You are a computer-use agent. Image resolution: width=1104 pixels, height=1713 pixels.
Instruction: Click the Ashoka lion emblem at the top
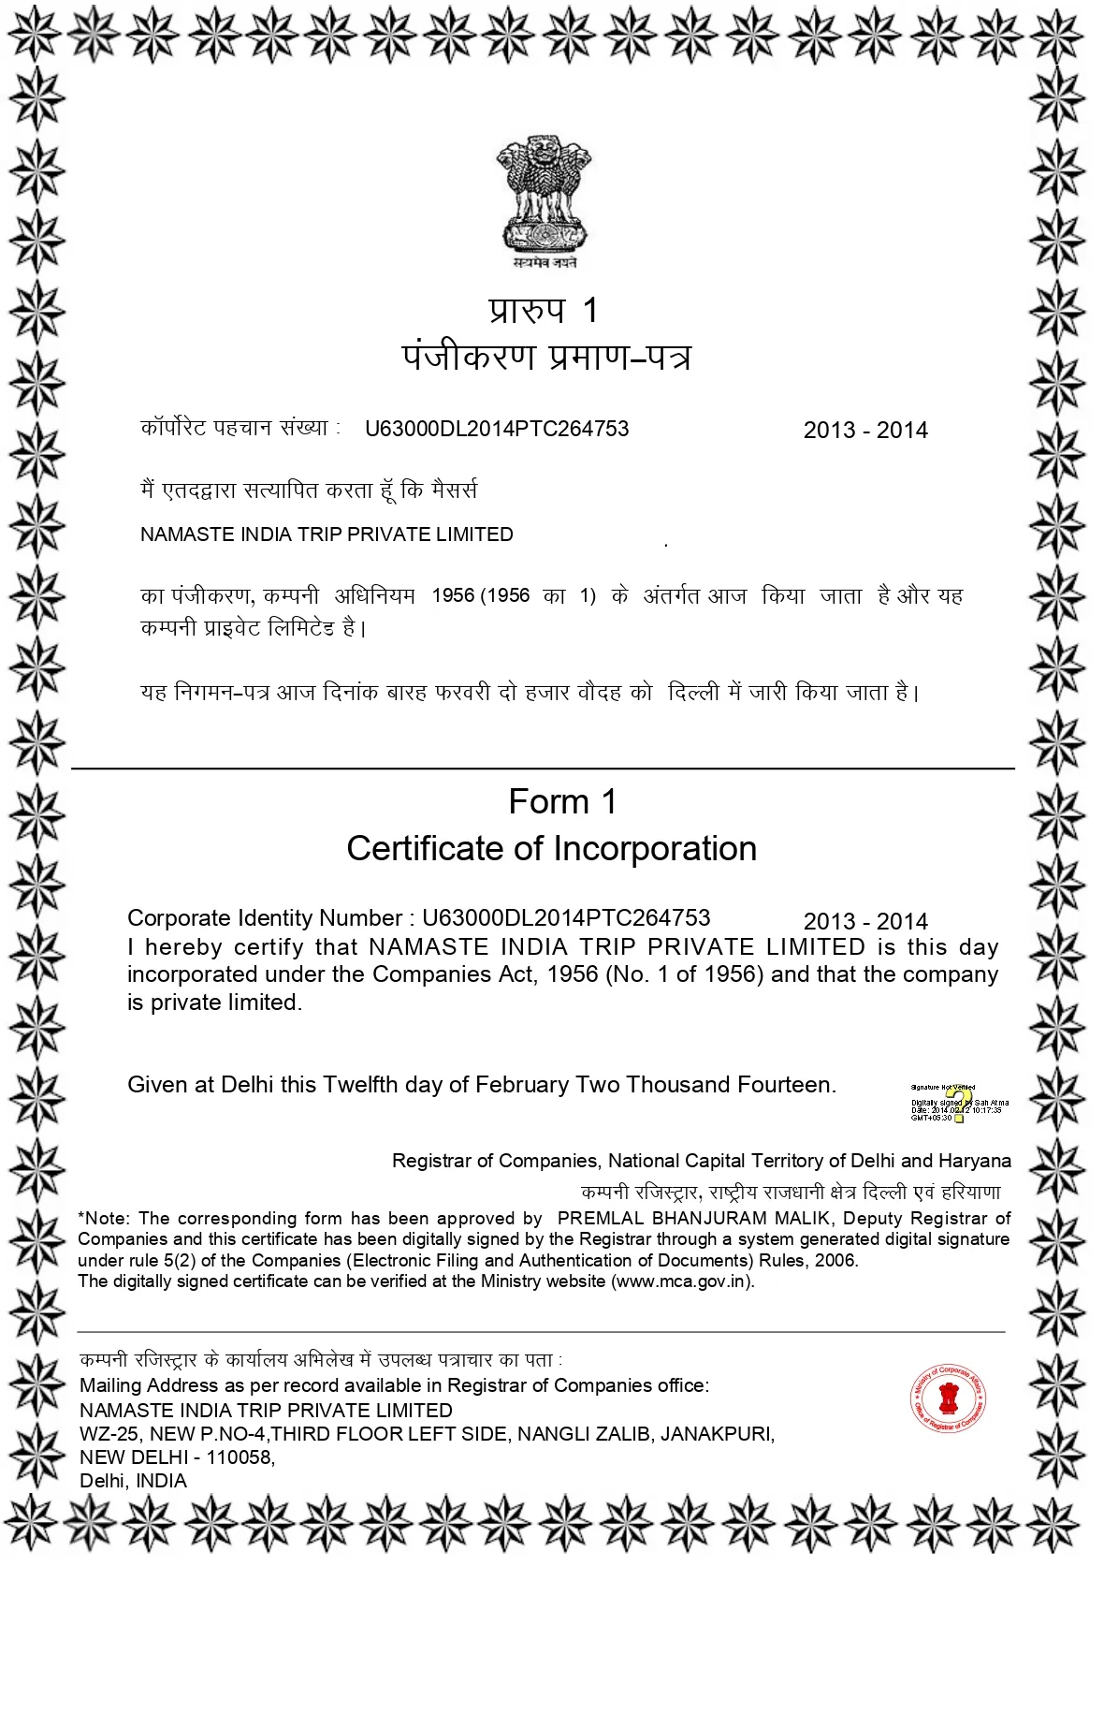click(544, 197)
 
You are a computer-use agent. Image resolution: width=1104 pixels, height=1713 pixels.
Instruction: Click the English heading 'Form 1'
click(562, 802)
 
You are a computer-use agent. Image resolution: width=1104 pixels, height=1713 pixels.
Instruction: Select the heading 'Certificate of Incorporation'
click(551, 849)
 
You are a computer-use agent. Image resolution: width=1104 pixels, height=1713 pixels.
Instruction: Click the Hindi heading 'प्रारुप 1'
click(543, 310)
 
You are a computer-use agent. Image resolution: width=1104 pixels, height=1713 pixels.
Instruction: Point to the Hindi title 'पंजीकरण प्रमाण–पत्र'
click(546, 357)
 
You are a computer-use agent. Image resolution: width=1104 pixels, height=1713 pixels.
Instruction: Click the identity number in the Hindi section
click(497, 429)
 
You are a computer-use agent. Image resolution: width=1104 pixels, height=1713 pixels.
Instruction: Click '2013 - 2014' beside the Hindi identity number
click(865, 431)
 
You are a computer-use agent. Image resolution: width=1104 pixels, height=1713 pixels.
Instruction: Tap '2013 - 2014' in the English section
click(865, 921)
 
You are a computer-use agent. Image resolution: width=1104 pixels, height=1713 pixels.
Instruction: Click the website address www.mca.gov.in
click(682, 1281)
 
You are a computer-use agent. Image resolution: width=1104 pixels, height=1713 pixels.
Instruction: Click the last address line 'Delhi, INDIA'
click(133, 1481)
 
